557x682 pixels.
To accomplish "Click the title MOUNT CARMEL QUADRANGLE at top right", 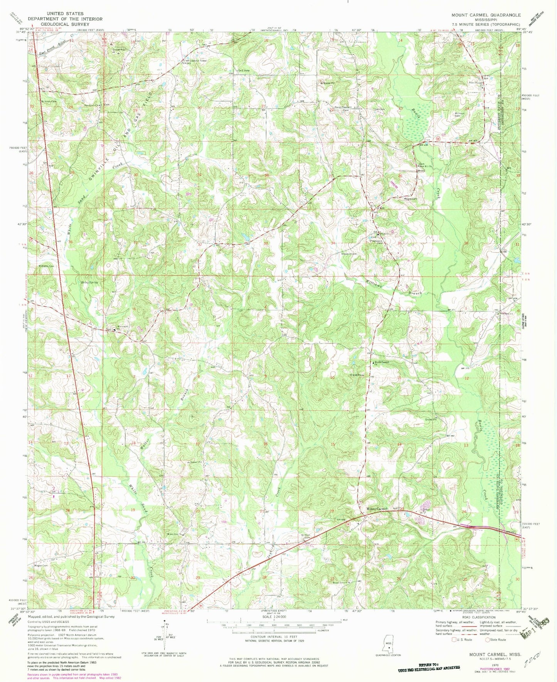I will tap(486, 15).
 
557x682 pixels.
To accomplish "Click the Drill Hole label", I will tap(244, 70).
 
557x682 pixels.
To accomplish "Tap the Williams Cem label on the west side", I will tap(45, 266).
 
